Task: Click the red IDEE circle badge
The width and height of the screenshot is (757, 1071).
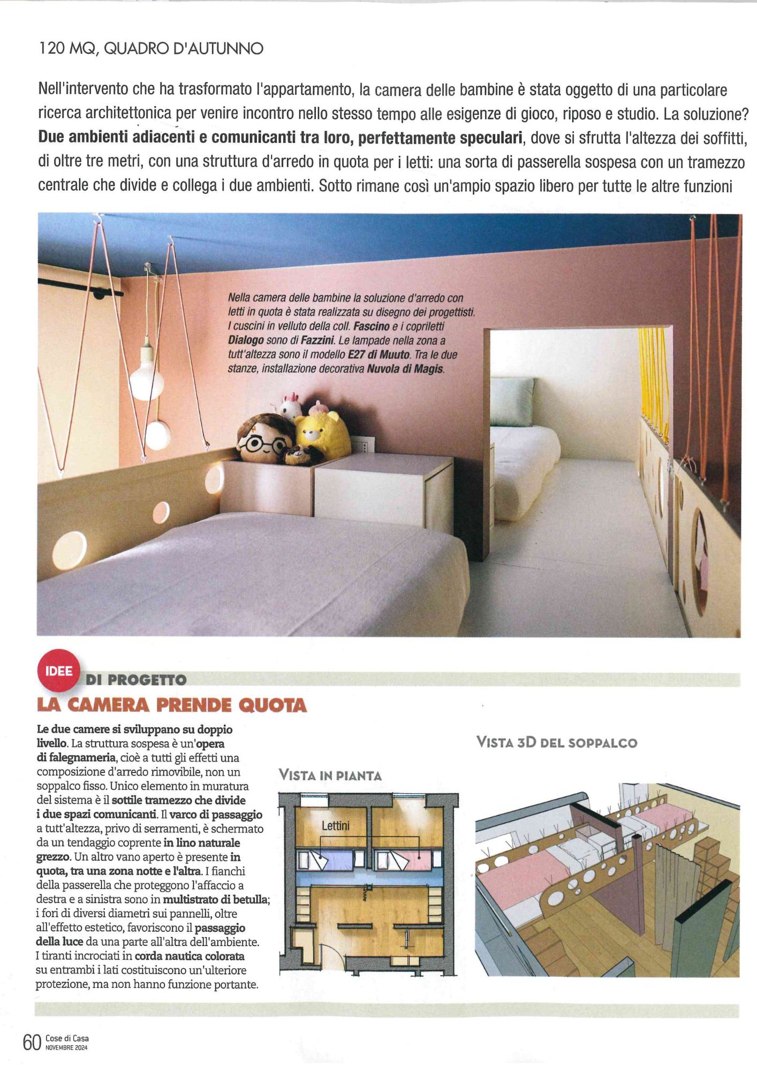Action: point(58,671)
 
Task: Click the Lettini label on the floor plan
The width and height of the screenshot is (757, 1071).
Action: point(335,825)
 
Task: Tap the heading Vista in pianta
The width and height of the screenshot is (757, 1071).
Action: point(330,775)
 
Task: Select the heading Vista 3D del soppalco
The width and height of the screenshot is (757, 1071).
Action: point(556,743)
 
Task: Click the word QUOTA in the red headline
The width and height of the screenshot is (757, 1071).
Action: point(272,705)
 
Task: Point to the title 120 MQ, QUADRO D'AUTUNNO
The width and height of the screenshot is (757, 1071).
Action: point(151,49)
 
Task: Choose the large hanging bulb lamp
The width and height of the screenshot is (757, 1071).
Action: point(146,375)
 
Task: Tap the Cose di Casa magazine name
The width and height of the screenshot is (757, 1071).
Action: point(67,1038)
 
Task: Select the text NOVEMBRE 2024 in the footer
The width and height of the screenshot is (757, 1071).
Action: point(66,1047)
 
